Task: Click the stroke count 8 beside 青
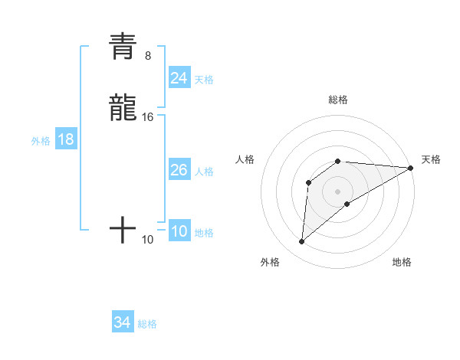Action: (147, 55)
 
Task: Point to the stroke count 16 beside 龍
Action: (148, 116)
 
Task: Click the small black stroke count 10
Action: (148, 240)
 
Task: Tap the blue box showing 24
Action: (179, 77)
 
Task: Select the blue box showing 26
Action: (179, 170)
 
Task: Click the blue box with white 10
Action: (179, 232)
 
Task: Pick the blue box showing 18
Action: (66, 139)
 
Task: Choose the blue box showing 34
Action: (122, 323)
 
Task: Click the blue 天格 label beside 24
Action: (204, 79)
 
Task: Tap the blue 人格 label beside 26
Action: (204, 172)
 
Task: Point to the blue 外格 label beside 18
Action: (41, 141)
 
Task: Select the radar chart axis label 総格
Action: (338, 100)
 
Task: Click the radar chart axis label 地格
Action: (402, 262)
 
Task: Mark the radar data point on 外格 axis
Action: (301, 242)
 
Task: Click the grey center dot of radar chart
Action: (338, 191)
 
